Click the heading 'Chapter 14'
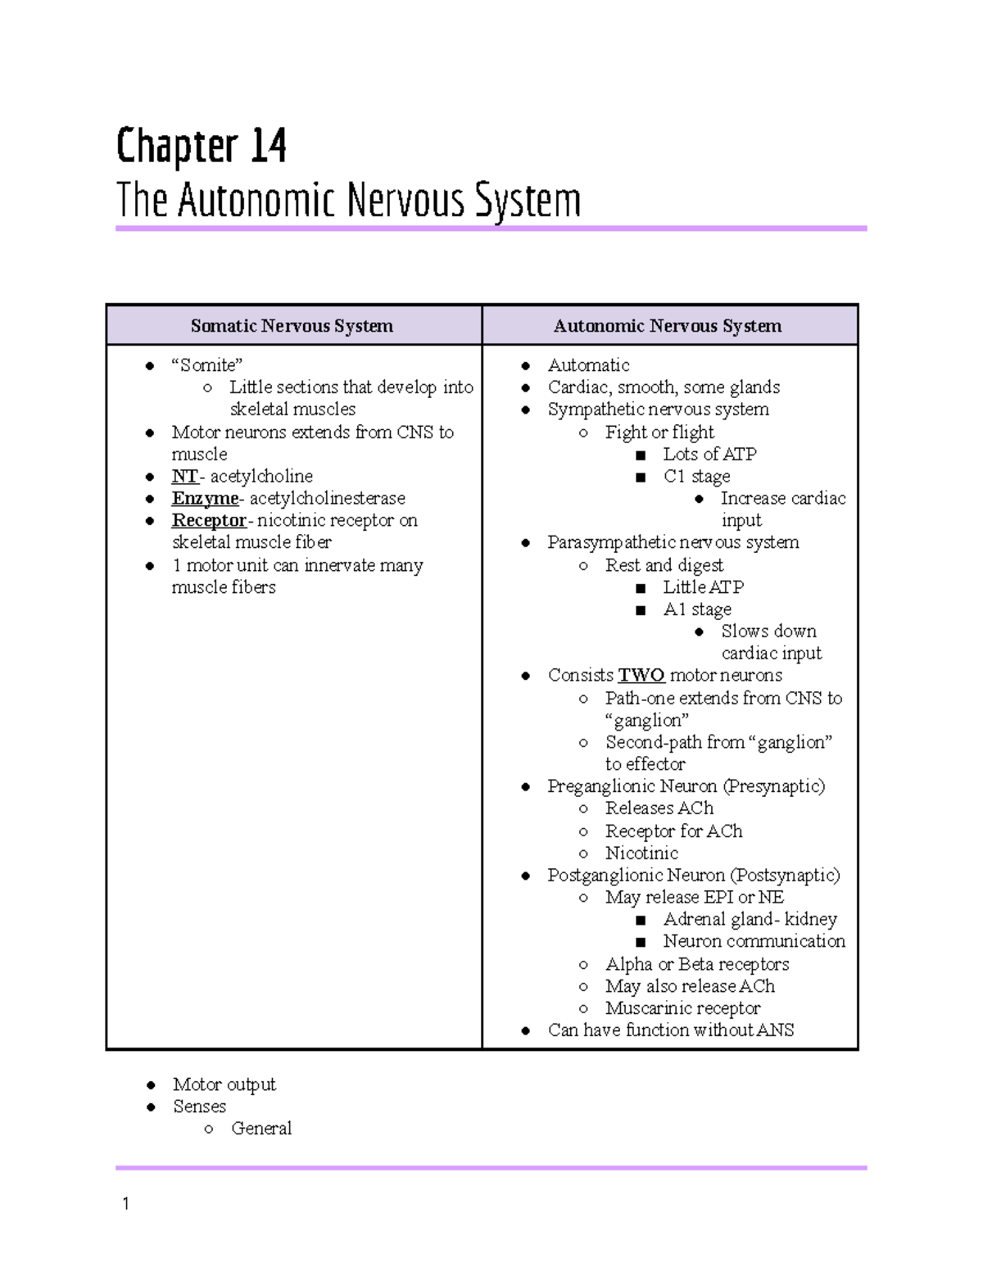[201, 147]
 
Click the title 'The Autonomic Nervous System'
[348, 201]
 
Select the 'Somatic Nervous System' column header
[292, 326]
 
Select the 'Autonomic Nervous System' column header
[667, 326]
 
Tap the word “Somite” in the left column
[206, 365]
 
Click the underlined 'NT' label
[184, 477]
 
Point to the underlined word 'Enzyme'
[205, 499]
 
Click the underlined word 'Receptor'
[209, 521]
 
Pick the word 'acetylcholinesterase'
[327, 499]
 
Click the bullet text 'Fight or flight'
[659, 432]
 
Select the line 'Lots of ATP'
[709, 455]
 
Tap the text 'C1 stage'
[696, 477]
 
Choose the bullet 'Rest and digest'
[664, 565]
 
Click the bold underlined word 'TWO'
[641, 676]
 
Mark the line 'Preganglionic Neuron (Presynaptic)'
[686, 786]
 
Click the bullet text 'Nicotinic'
[641, 853]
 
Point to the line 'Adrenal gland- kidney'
[750, 920]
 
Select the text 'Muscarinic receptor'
[682, 1008]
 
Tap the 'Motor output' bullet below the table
[224, 1084]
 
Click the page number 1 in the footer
[125, 1203]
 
